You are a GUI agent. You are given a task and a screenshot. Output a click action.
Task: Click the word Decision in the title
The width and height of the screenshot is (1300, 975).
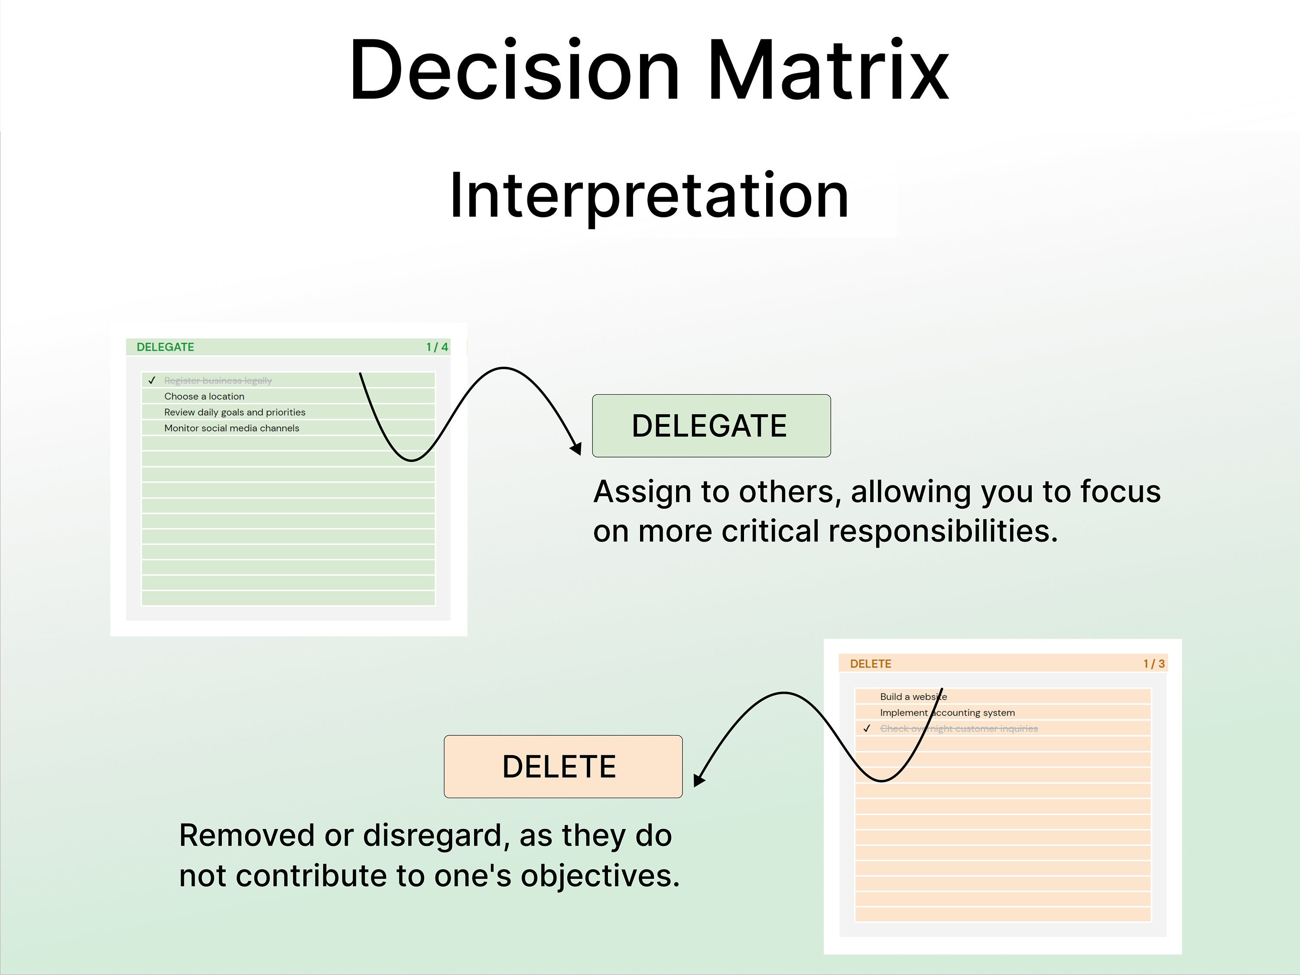(x=515, y=71)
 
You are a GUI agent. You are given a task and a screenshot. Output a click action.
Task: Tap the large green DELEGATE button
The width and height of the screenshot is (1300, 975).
(x=711, y=426)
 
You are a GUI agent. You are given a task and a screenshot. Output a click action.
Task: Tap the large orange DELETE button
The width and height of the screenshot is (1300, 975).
(x=563, y=767)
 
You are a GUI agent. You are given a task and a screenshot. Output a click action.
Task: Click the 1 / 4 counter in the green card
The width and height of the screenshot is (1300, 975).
(x=437, y=347)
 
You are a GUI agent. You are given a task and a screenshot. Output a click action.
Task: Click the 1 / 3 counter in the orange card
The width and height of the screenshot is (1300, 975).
(x=1154, y=663)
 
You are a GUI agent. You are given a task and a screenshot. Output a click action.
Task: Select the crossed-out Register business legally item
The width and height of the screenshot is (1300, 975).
(x=218, y=380)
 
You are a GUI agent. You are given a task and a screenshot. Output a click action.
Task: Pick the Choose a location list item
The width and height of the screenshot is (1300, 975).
(x=204, y=396)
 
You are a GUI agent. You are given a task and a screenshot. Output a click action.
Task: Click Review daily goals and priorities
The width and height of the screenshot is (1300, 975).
(x=234, y=412)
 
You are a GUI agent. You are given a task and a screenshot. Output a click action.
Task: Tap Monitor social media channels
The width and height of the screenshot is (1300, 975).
(x=231, y=428)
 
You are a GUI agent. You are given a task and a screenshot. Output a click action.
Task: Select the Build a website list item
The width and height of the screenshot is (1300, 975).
(x=913, y=696)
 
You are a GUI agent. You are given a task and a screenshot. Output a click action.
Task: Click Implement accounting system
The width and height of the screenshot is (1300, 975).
(x=947, y=712)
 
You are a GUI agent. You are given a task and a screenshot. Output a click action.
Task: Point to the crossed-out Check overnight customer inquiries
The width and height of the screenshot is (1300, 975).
(x=959, y=728)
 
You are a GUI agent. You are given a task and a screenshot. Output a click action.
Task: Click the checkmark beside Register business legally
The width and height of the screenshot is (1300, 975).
(x=152, y=380)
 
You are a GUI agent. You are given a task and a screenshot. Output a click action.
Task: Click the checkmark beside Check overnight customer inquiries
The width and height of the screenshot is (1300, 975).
(x=866, y=728)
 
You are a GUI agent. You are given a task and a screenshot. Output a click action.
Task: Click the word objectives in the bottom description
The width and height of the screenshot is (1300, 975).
(x=599, y=876)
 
